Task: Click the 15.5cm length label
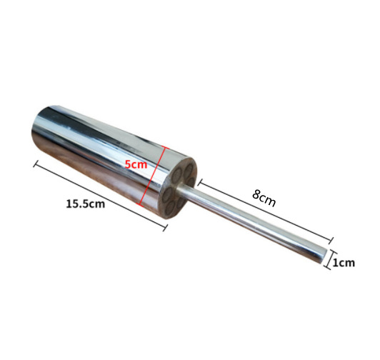pos(86,204)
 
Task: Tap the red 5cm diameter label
pos(136,164)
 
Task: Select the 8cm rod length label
pos(264,198)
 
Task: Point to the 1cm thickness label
pos(344,263)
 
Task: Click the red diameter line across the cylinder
pos(151,176)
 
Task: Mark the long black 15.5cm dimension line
pos(100,196)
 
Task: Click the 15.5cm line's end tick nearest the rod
pos(165,229)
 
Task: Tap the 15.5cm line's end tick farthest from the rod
pos(36,164)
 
